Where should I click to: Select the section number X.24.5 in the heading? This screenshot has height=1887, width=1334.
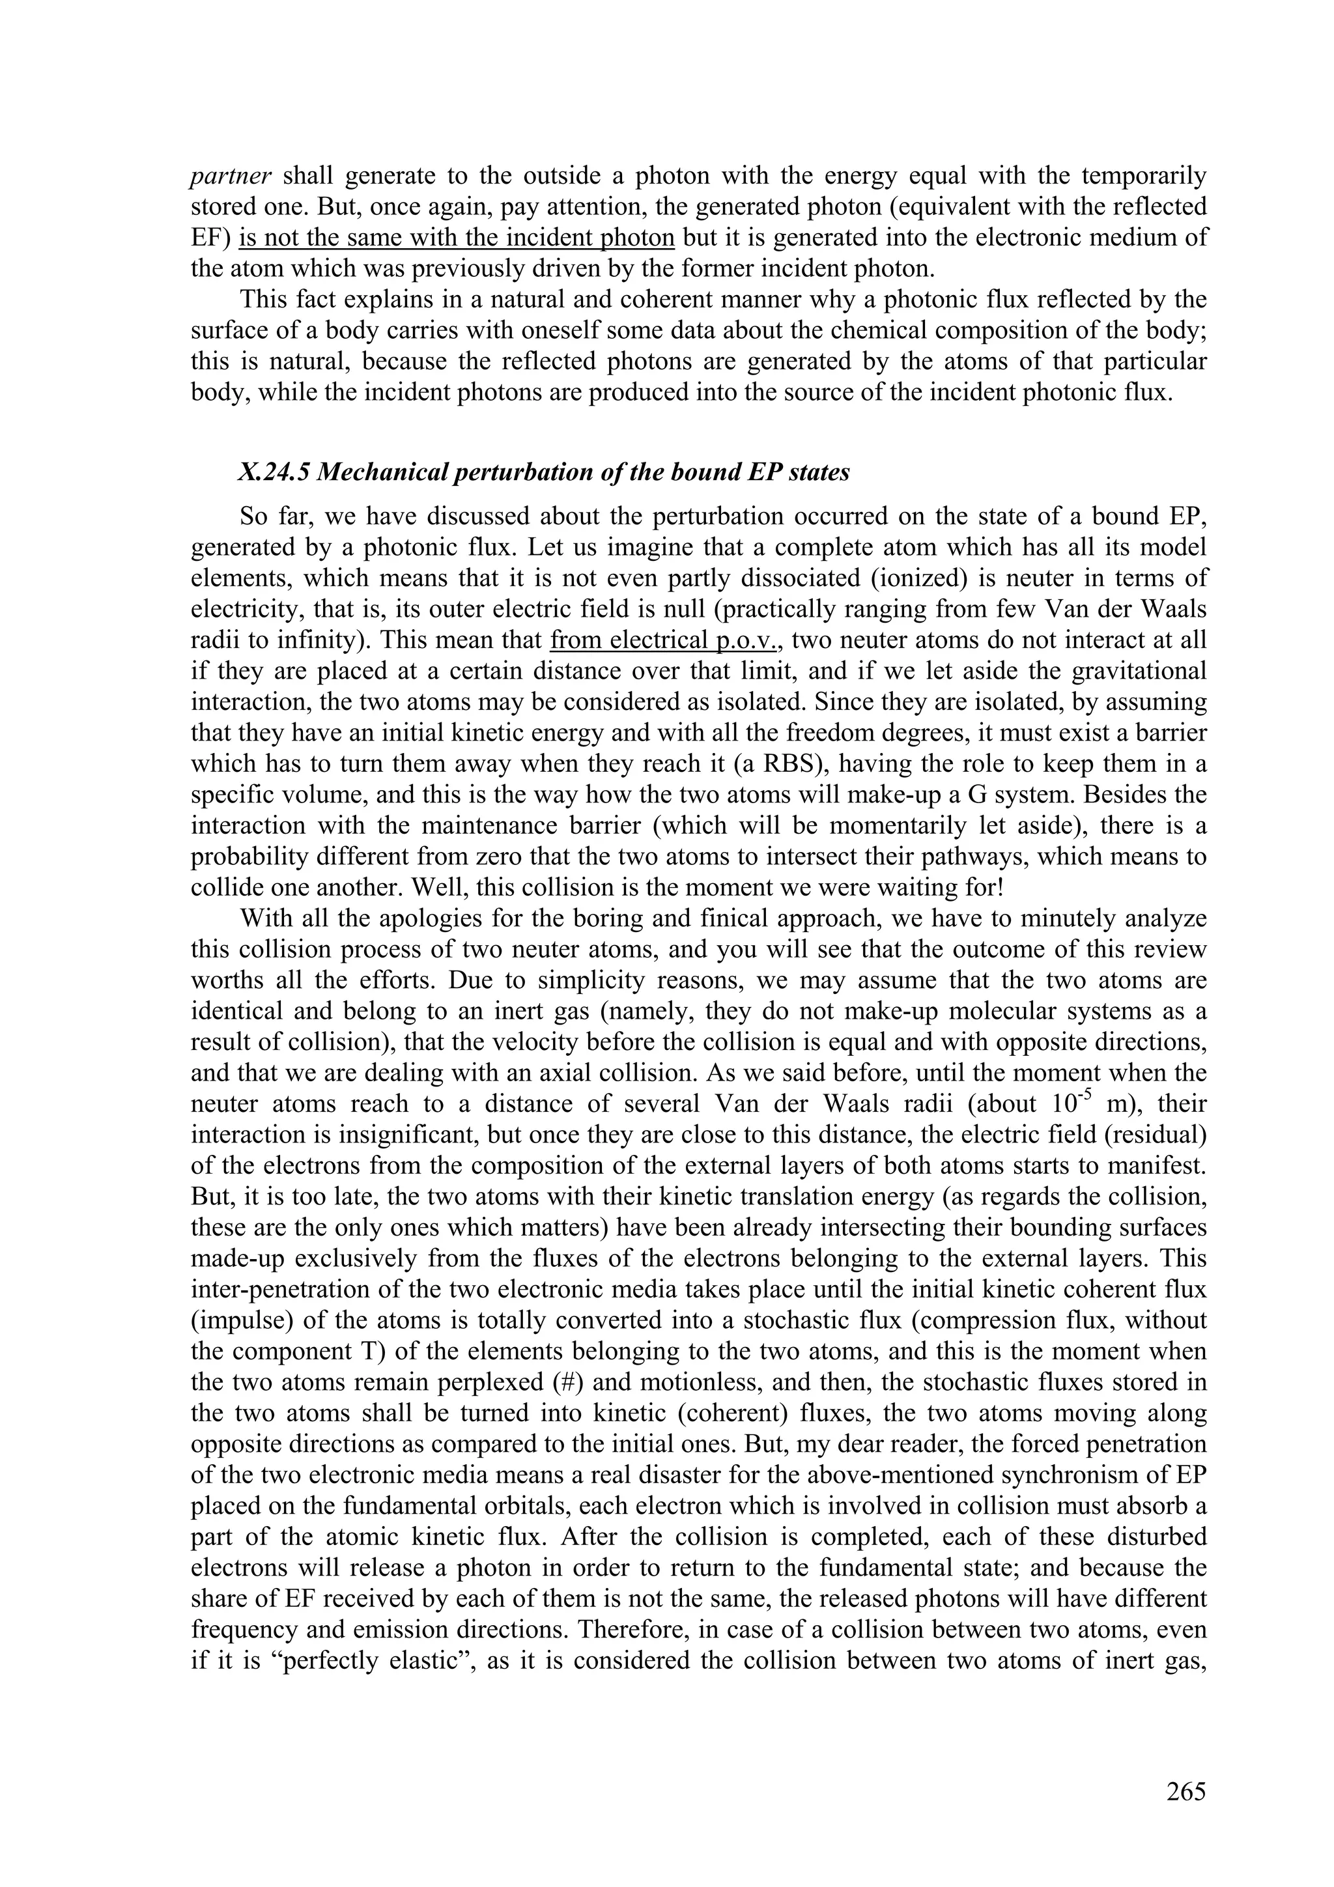(x=273, y=473)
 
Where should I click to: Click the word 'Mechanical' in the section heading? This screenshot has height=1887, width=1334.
(x=382, y=473)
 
